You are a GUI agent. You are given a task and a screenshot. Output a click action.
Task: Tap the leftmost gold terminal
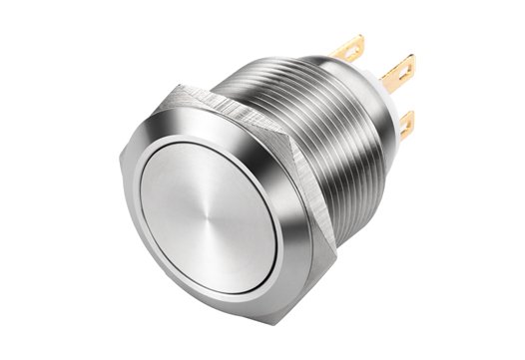pyautogui.click(x=351, y=49)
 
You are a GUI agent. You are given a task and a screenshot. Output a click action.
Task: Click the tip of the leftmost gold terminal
pyautogui.click(x=358, y=41)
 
